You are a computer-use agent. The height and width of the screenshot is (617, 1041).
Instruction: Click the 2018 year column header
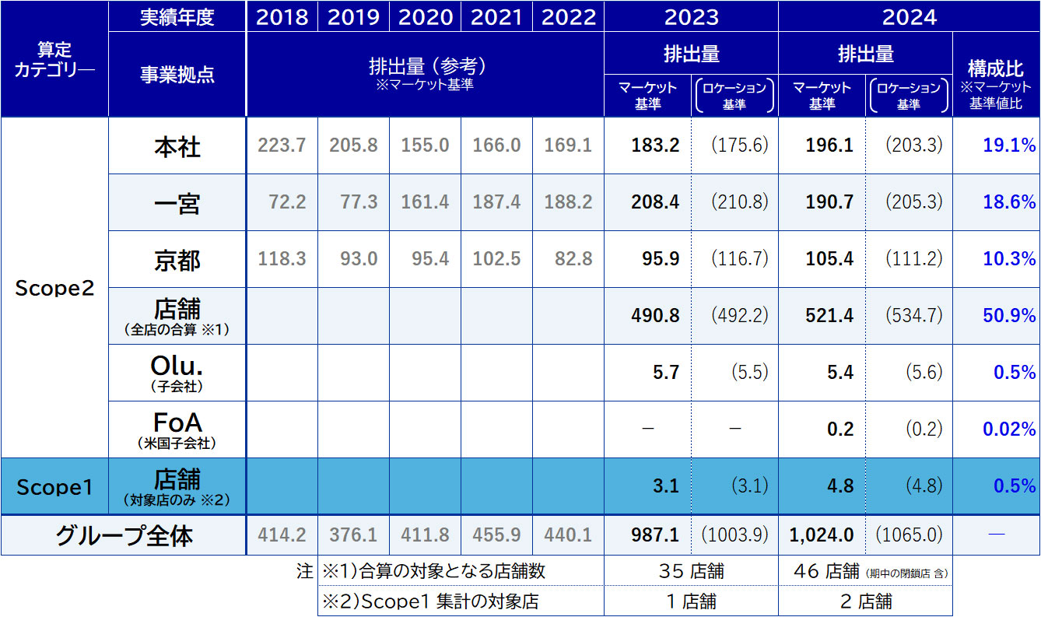[282, 17]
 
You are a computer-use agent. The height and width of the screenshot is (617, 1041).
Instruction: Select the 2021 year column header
[496, 17]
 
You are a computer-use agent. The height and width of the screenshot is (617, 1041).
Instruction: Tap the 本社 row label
[177, 146]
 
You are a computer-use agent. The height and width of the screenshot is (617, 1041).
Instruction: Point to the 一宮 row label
[177, 203]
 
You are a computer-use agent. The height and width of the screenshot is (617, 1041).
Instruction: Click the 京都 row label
[177, 260]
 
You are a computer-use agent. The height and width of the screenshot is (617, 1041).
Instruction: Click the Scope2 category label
[54, 288]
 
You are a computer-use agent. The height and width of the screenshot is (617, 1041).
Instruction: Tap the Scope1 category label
[54, 487]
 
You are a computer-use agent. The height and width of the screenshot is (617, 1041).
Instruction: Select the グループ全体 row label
[124, 535]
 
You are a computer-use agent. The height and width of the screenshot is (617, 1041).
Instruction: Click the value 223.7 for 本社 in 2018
[282, 146]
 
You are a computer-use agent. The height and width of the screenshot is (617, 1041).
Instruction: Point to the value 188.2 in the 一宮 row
[568, 203]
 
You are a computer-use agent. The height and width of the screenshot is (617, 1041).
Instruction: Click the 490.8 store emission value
[655, 316]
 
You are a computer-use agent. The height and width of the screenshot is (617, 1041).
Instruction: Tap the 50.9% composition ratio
[1009, 316]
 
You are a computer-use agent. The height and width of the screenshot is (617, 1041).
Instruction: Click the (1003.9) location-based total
[734, 535]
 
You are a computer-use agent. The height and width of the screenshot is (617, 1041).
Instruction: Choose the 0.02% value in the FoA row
[1009, 429]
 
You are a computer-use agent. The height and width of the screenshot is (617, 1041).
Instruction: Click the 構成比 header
[995, 68]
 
